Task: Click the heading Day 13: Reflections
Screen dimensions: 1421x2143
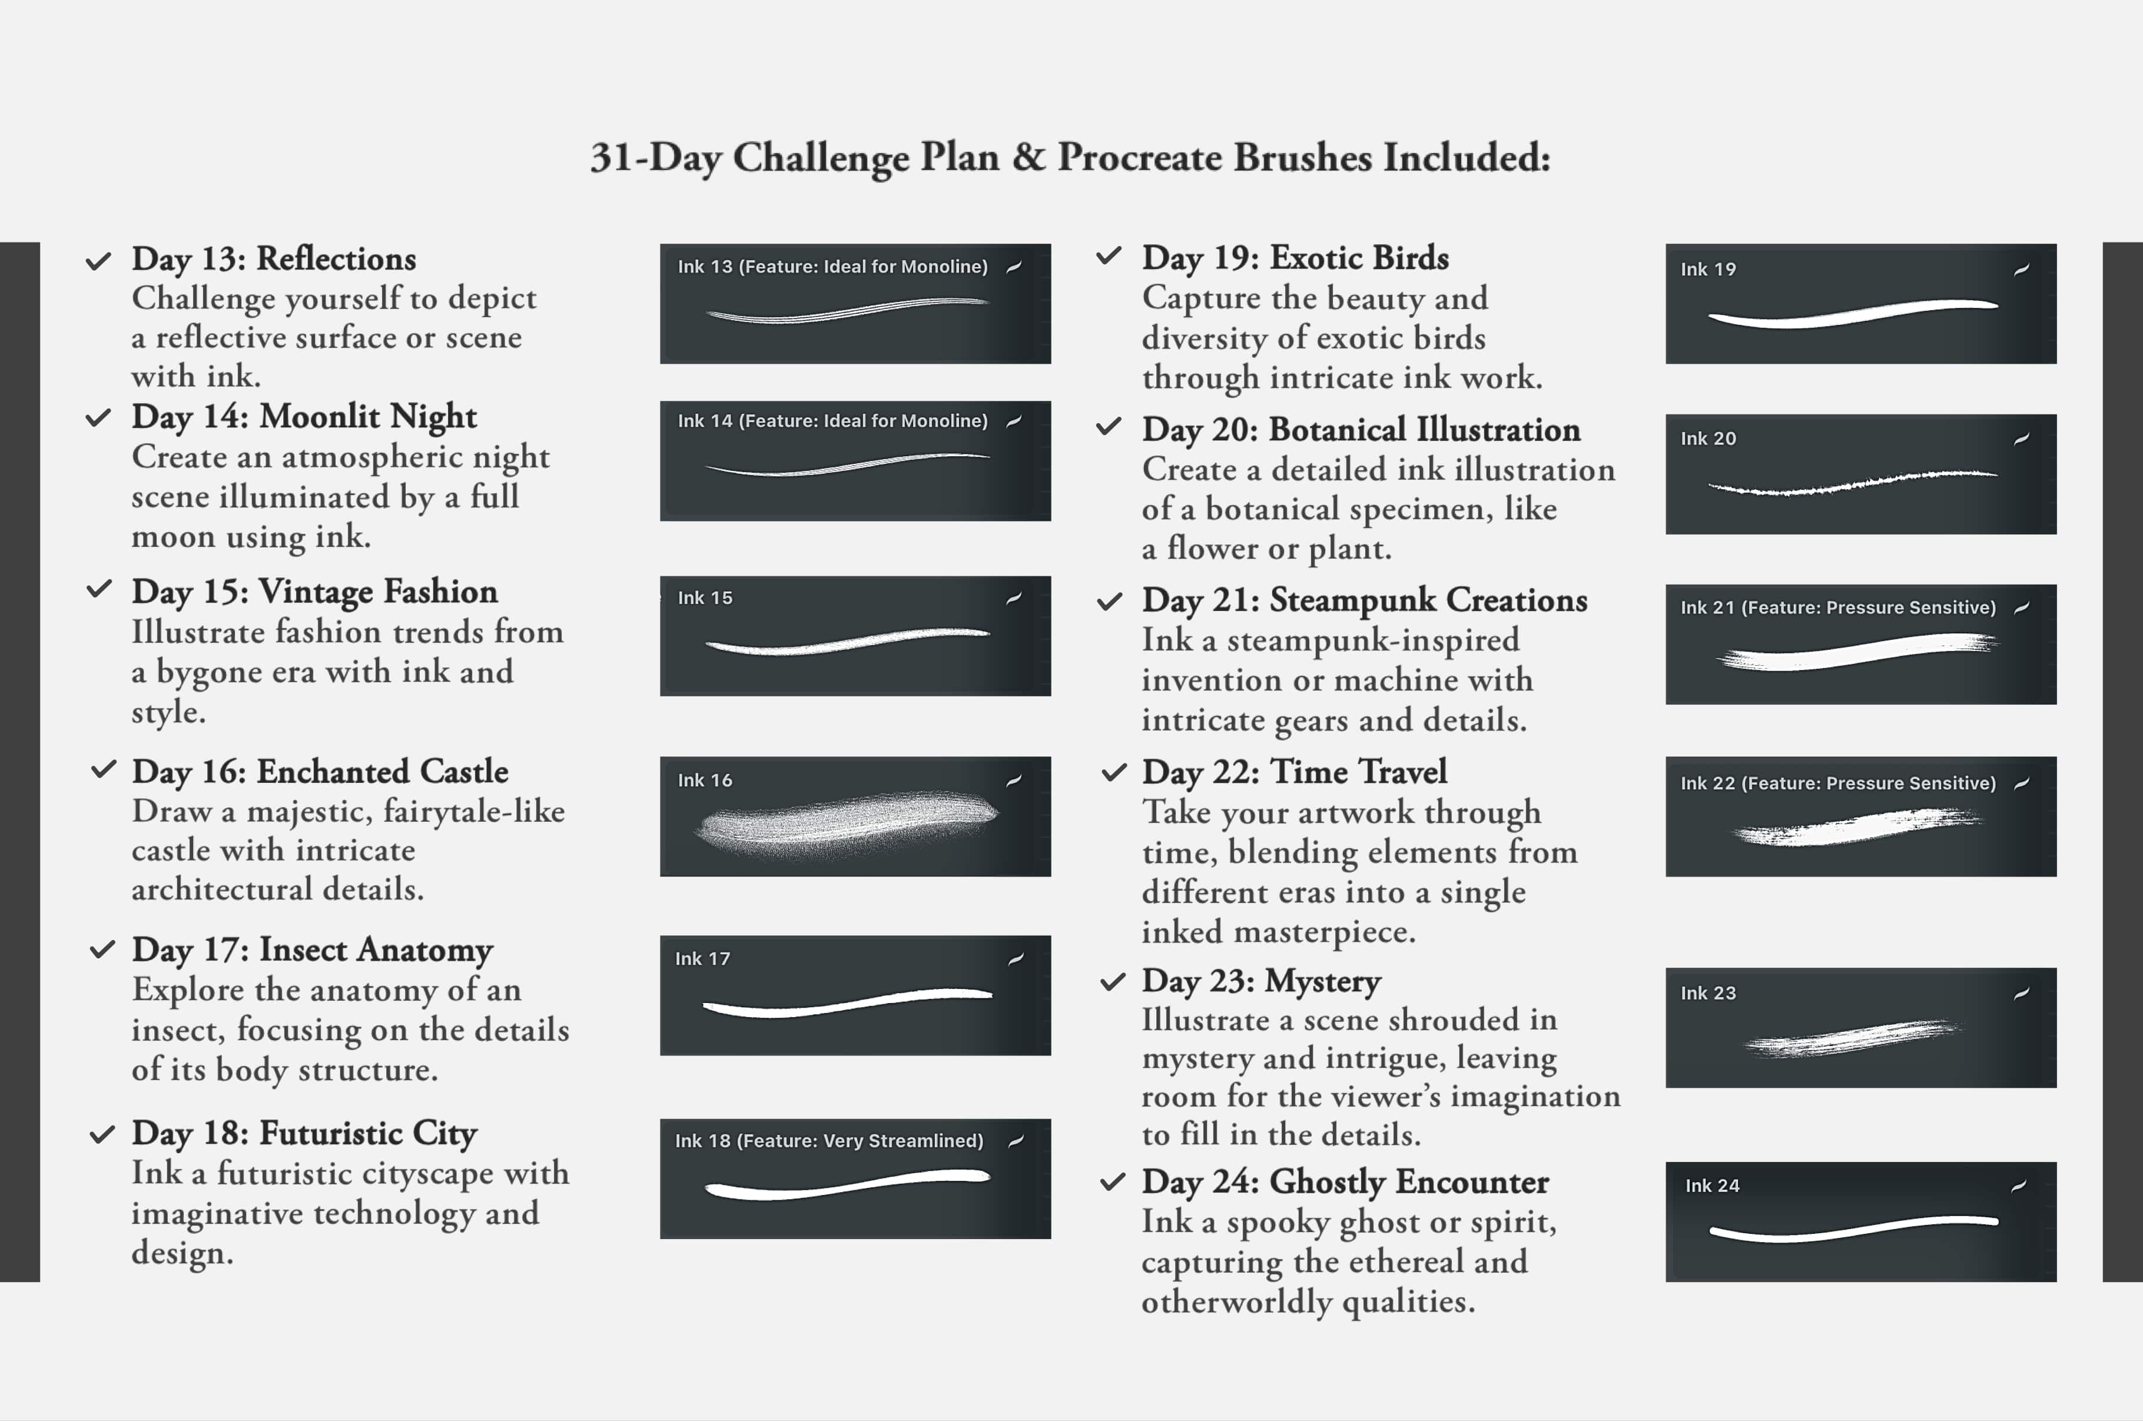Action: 274,259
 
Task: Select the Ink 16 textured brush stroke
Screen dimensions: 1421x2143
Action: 847,821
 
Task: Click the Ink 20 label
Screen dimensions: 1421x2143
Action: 1708,439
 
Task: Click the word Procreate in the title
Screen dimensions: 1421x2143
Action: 1139,158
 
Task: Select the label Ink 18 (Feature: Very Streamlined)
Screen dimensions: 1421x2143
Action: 828,1141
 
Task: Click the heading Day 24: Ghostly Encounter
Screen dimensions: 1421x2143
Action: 1345,1182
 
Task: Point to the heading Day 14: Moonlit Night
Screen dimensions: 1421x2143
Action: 304,417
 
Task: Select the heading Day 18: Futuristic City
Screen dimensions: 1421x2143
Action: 304,1134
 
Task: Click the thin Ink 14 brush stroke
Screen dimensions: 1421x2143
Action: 847,466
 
